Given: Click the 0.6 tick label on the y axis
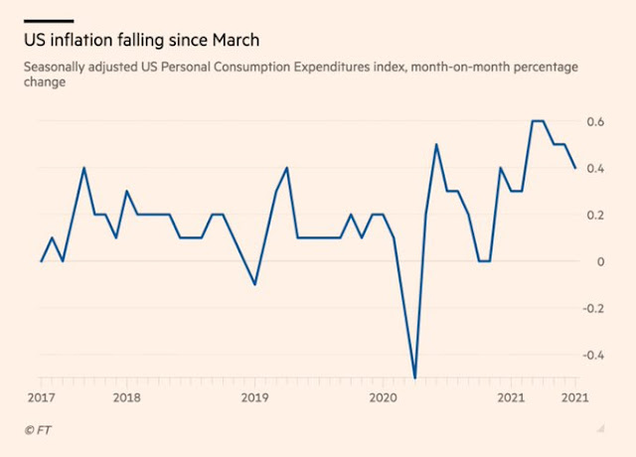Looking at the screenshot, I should click(x=595, y=121).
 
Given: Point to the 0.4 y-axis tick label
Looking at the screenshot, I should click(x=595, y=168).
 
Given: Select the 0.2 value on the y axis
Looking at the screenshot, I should click(x=595, y=215).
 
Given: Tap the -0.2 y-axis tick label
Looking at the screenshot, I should click(x=593, y=308).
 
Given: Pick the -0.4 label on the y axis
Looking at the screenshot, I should click(x=593, y=355).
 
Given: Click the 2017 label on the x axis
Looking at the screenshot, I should click(x=41, y=397).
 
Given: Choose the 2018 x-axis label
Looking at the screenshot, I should click(x=126, y=397).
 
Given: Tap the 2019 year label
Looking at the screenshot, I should click(x=254, y=397).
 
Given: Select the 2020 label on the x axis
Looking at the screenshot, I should click(x=383, y=397).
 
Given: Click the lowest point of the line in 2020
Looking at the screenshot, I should click(x=414, y=378).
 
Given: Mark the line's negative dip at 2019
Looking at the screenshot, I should click(x=254, y=284).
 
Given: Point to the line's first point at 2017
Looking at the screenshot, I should click(x=41, y=261).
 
